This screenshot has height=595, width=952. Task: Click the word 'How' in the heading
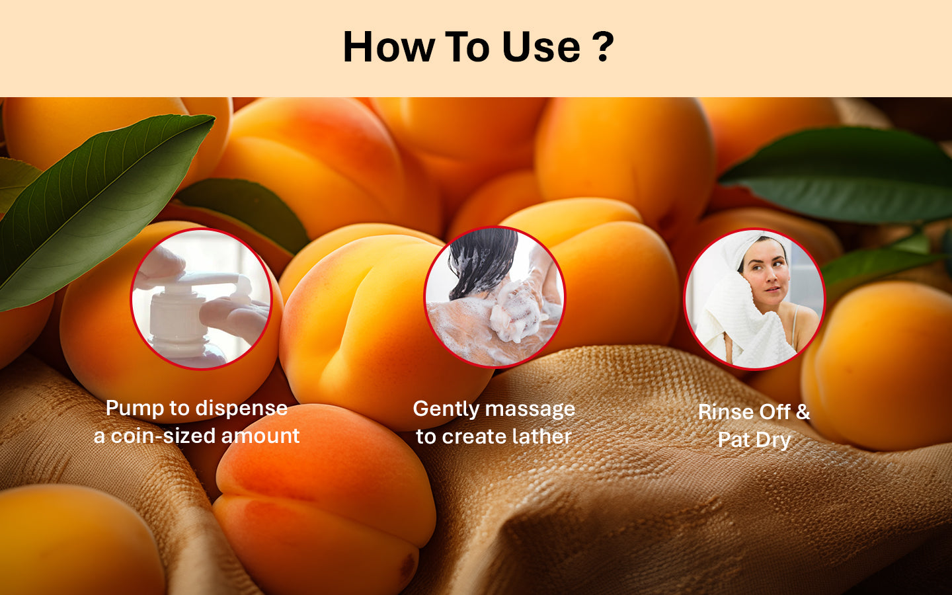(x=389, y=47)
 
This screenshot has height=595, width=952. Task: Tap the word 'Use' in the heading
(x=541, y=47)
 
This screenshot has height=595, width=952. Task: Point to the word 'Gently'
(x=446, y=410)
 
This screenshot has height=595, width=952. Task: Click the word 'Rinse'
(x=725, y=412)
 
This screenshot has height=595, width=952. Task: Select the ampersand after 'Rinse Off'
(x=802, y=412)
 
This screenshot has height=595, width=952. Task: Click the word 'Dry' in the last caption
(x=773, y=440)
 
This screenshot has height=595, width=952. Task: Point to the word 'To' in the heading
(x=467, y=47)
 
